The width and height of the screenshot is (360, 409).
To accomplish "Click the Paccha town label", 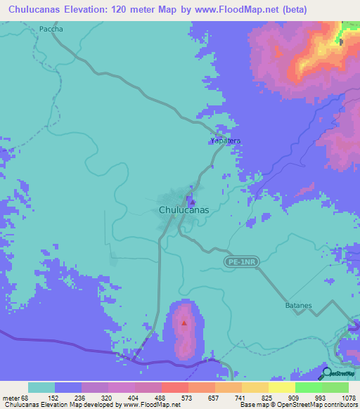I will click(51, 29).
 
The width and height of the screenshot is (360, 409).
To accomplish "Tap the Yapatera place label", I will click(226, 141).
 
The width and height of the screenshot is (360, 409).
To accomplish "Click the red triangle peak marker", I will click(184, 324).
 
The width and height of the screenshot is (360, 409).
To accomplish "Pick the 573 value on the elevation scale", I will click(175, 397).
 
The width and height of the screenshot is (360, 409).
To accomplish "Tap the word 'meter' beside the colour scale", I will click(13, 397).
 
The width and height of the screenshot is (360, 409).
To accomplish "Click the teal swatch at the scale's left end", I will click(41, 387).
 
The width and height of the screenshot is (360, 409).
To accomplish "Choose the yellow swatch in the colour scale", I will click(282, 387).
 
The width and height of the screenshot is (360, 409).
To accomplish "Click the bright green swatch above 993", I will click(309, 387).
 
